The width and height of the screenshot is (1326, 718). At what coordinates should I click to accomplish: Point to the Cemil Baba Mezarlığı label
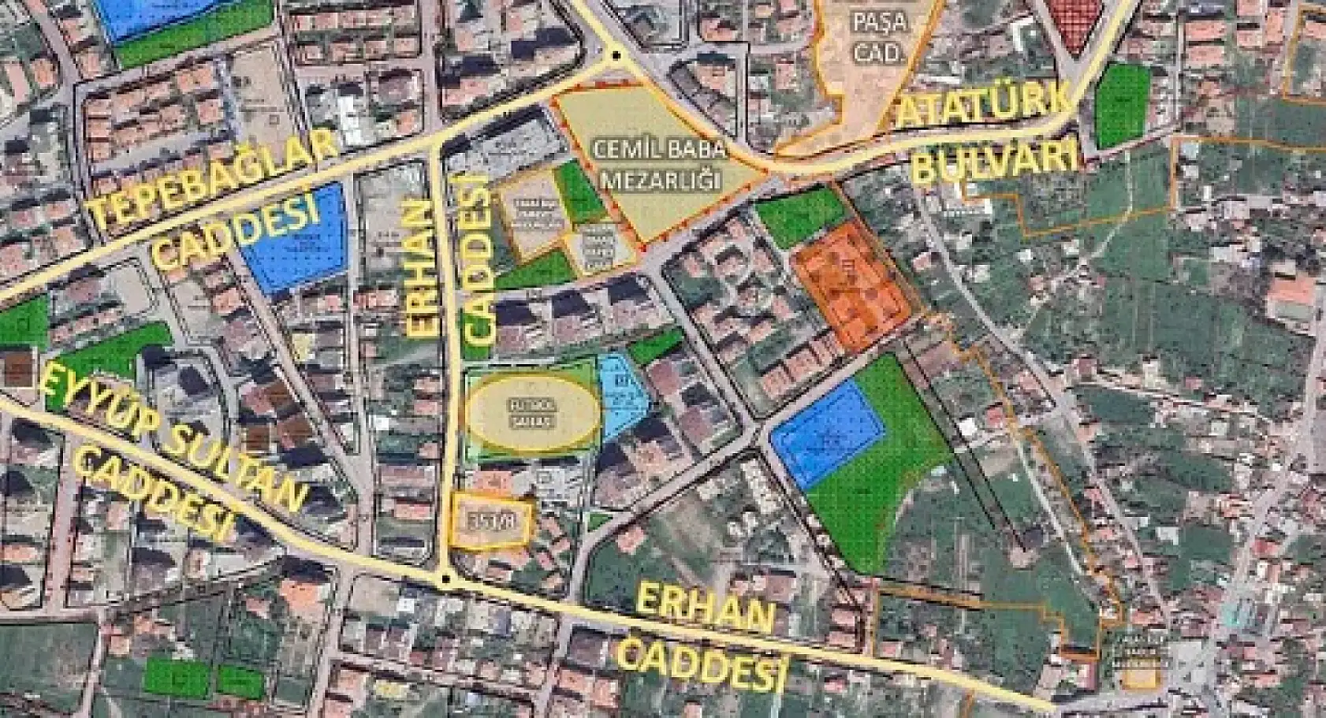point(661,164)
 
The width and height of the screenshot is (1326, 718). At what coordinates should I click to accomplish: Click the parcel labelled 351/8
point(490,521)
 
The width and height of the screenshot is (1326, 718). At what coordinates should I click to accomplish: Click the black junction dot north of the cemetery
point(615,55)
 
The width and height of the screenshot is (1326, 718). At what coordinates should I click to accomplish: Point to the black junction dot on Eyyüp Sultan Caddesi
point(447,579)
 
